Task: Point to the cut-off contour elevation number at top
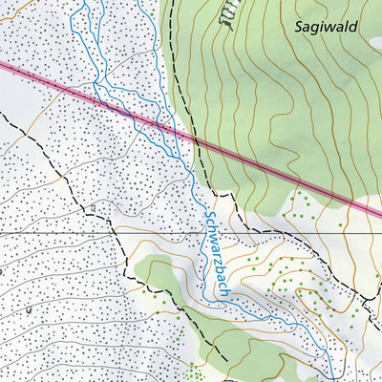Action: tap(226, 16)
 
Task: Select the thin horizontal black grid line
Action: tap(57, 232)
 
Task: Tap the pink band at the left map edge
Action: tap(5, 66)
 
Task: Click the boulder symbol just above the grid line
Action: tap(91, 207)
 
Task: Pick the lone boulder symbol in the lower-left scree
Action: tap(30, 310)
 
